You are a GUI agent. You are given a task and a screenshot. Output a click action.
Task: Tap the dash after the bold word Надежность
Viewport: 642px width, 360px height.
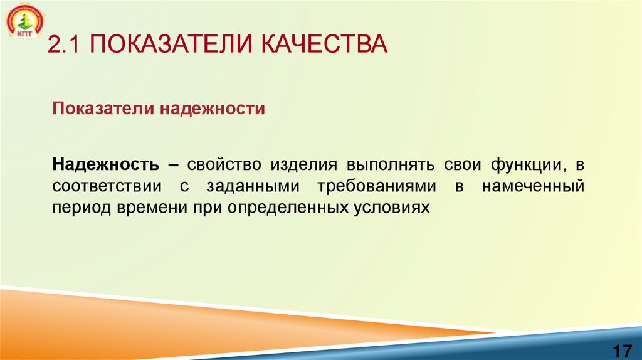click(x=173, y=165)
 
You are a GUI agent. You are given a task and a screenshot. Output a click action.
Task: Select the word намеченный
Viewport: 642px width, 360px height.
click(x=534, y=186)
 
